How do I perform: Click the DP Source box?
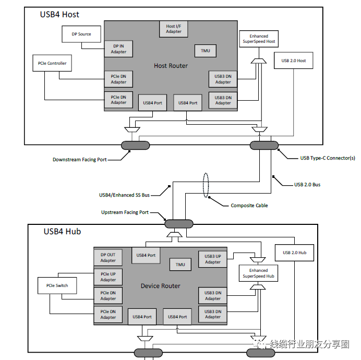coord(81,34)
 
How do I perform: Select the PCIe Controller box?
coord(52,64)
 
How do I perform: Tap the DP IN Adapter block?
coord(118,49)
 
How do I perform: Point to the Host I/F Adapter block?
coord(174,29)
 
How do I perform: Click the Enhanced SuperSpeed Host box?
coord(258,38)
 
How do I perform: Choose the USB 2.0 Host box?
coord(294,61)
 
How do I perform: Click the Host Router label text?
coord(171,66)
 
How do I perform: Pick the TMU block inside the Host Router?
coord(205,51)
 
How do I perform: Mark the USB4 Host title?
coord(59,14)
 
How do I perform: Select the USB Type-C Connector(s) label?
coord(328,158)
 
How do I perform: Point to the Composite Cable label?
coord(249,206)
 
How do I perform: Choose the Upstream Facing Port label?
coord(125,212)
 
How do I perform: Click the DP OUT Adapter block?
coord(108,258)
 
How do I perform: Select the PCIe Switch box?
coord(57,285)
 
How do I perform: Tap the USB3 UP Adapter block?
coord(212,259)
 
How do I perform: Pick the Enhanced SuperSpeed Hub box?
coord(258,273)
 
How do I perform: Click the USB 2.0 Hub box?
coord(295,253)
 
